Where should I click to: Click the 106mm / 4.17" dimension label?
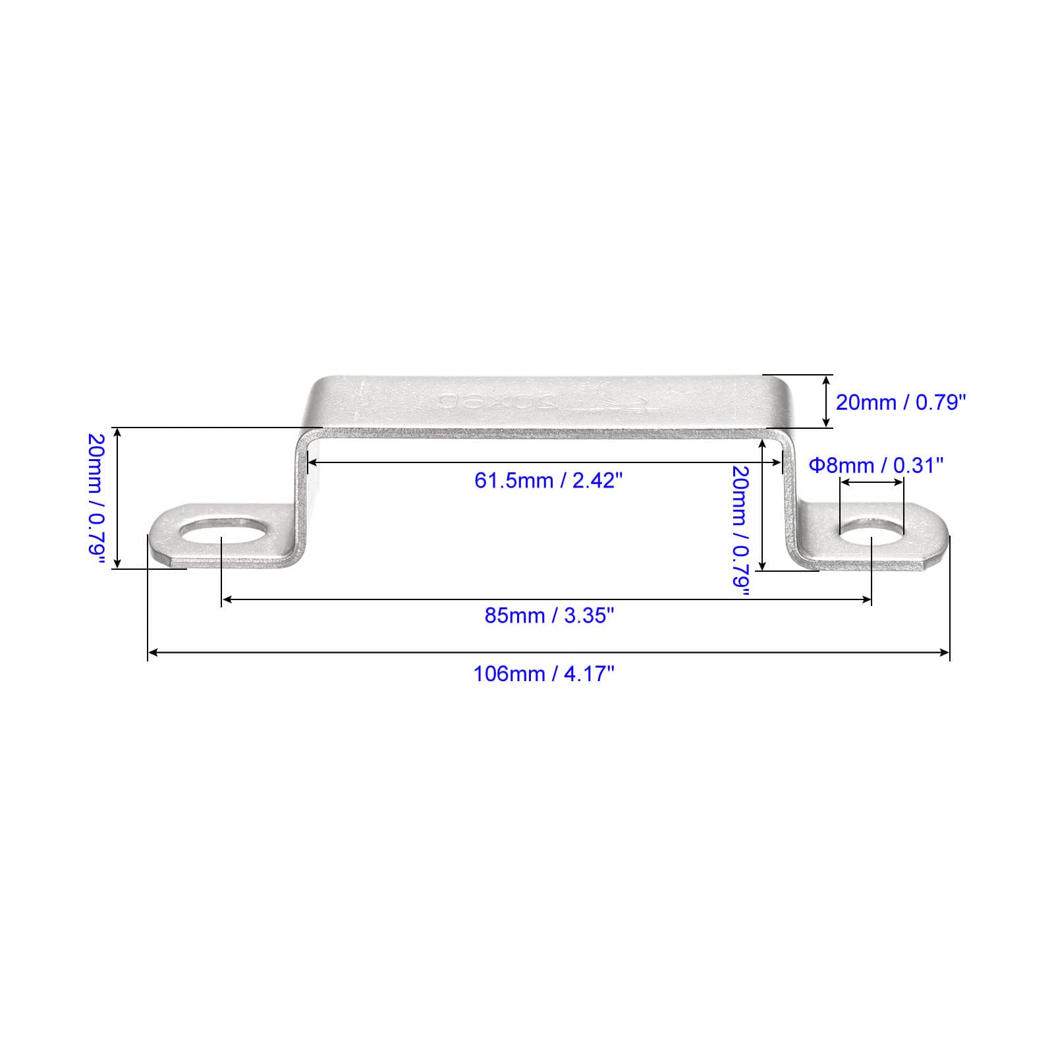coord(544,674)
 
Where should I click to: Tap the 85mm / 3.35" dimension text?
coord(549,616)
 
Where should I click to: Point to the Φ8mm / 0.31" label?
coord(876,466)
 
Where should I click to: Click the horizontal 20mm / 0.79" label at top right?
coord(901,402)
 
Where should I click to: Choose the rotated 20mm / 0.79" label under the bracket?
coord(742,531)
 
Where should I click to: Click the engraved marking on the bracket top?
coord(541,402)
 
